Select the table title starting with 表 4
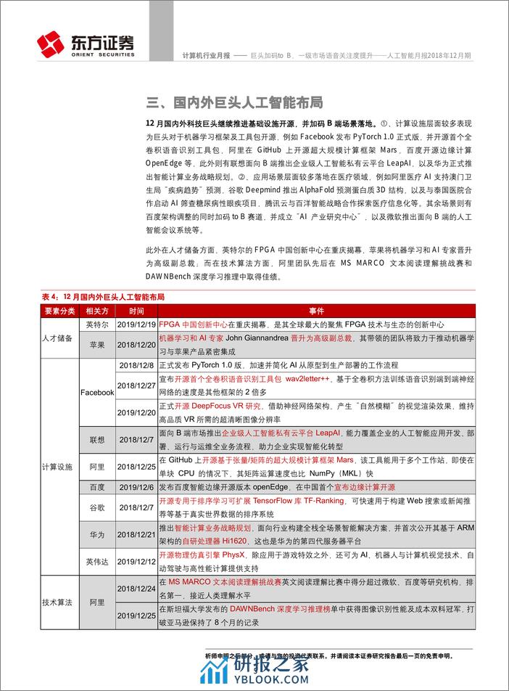point(104,297)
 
